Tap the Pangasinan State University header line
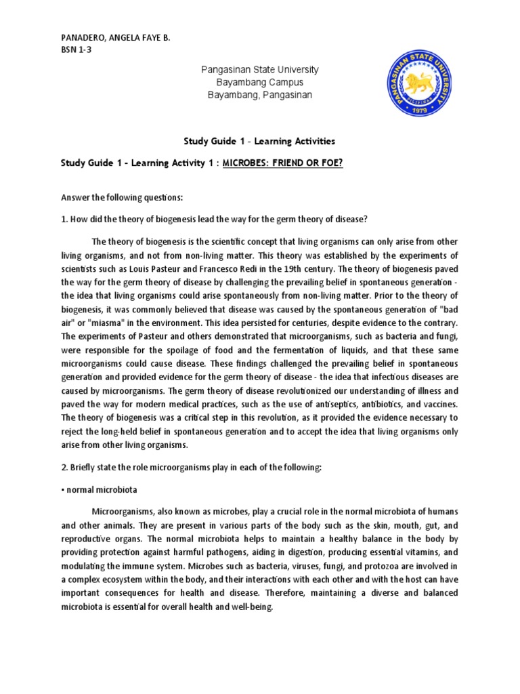260,70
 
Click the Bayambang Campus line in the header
260,83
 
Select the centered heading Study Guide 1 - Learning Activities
259,142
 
